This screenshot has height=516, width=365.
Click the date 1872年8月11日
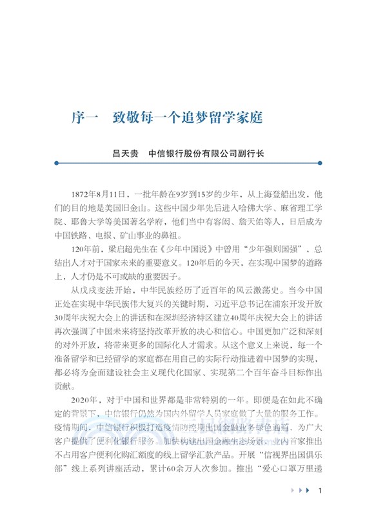pos(101,193)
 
